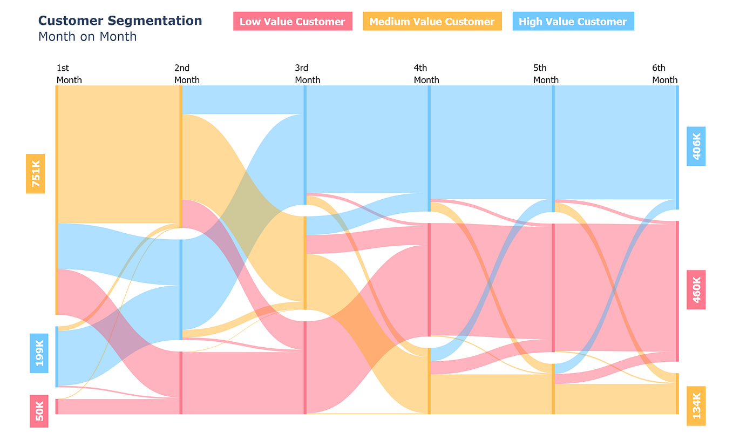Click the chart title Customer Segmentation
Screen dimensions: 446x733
point(120,21)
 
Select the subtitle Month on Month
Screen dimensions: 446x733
point(87,37)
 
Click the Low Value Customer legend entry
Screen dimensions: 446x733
point(292,22)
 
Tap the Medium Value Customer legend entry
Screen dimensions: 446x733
point(432,22)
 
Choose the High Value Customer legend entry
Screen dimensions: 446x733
point(573,22)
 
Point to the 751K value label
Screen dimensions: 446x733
point(36,174)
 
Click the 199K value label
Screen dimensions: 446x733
point(39,353)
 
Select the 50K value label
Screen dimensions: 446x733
point(39,411)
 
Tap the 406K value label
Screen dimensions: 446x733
point(696,146)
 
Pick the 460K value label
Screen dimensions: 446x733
point(696,290)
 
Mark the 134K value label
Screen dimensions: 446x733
point(696,406)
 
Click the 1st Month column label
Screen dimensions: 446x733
point(69,74)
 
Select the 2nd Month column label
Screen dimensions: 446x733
point(187,74)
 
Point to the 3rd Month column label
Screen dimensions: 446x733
point(307,74)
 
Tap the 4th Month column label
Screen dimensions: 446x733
point(426,74)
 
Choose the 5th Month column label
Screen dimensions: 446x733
point(546,74)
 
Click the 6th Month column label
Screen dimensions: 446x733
point(664,74)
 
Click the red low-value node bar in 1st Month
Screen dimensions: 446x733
point(57,407)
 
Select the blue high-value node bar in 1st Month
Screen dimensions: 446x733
point(57,356)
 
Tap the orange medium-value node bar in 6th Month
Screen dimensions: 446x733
point(677,394)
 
